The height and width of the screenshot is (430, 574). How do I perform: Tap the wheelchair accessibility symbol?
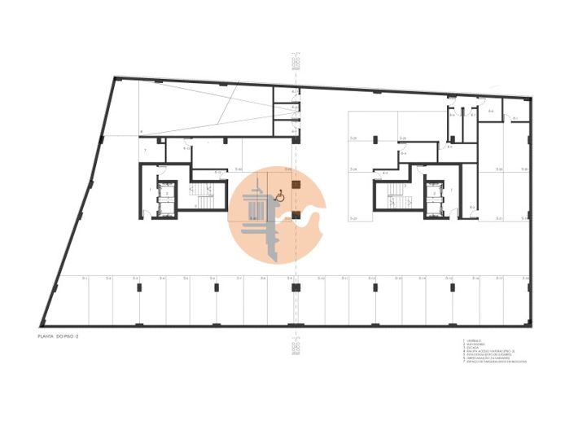[279, 195]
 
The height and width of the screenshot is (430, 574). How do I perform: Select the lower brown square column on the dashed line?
[296, 215]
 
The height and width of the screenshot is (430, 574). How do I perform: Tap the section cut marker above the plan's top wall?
[296, 62]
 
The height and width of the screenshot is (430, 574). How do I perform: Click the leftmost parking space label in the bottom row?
[85, 279]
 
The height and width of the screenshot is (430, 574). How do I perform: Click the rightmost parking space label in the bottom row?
[526, 279]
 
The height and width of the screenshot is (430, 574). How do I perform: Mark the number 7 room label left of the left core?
[145, 151]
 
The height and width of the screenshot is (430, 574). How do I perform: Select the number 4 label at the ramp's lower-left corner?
[141, 132]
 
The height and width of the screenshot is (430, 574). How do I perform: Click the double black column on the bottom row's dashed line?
[296, 286]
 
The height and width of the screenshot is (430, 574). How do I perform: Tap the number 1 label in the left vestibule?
[151, 189]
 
